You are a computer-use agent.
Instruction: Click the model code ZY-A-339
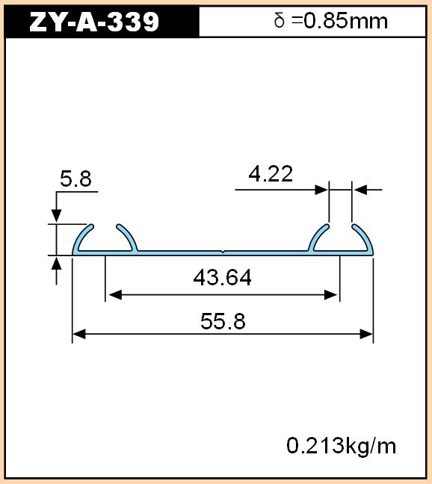94,22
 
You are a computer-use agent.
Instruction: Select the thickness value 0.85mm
346,22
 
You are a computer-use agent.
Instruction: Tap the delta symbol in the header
279,21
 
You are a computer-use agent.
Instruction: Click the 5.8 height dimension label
76,179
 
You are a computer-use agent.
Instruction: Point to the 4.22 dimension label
271,174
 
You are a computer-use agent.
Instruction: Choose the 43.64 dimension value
222,277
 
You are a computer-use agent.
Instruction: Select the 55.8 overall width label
223,321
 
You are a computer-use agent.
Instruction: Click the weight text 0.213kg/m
342,446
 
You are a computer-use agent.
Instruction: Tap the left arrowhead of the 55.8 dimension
79,334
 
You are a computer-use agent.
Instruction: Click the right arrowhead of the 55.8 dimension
366,334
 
